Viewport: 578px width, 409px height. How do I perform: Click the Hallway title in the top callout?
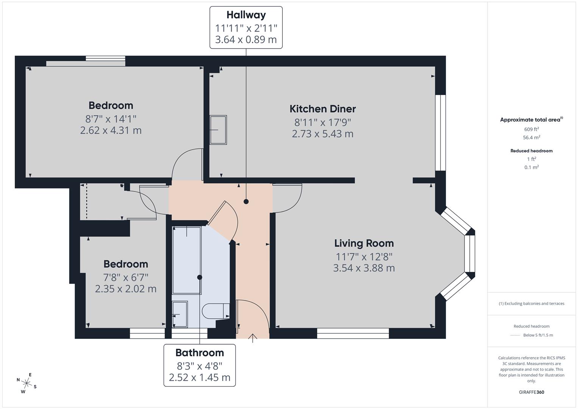click(x=246, y=15)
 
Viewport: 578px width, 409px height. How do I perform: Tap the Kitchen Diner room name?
click(x=322, y=109)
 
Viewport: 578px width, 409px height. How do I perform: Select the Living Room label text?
click(x=364, y=243)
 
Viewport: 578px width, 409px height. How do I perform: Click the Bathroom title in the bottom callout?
click(x=199, y=353)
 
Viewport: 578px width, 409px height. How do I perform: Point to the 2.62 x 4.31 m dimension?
click(x=111, y=131)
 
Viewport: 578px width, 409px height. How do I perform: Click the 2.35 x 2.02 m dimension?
click(x=126, y=289)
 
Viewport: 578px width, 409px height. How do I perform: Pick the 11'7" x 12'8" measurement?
click(x=364, y=257)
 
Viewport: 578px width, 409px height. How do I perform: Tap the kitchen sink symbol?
click(x=218, y=130)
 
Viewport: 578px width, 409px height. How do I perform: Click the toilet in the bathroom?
click(x=215, y=311)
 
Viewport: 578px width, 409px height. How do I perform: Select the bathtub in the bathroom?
click(x=187, y=260)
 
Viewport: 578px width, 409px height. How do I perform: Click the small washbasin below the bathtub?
click(x=179, y=314)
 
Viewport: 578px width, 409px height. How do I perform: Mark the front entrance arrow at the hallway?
click(x=252, y=338)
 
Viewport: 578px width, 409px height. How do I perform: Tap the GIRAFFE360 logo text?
click(x=531, y=392)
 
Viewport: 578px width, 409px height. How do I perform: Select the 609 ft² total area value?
click(x=531, y=129)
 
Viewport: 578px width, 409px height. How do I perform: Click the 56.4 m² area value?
click(x=531, y=138)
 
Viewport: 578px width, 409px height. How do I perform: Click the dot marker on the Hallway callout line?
click(x=246, y=201)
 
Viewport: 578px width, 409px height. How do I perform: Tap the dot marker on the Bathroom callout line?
click(x=199, y=277)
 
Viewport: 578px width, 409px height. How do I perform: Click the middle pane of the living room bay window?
click(x=469, y=254)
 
